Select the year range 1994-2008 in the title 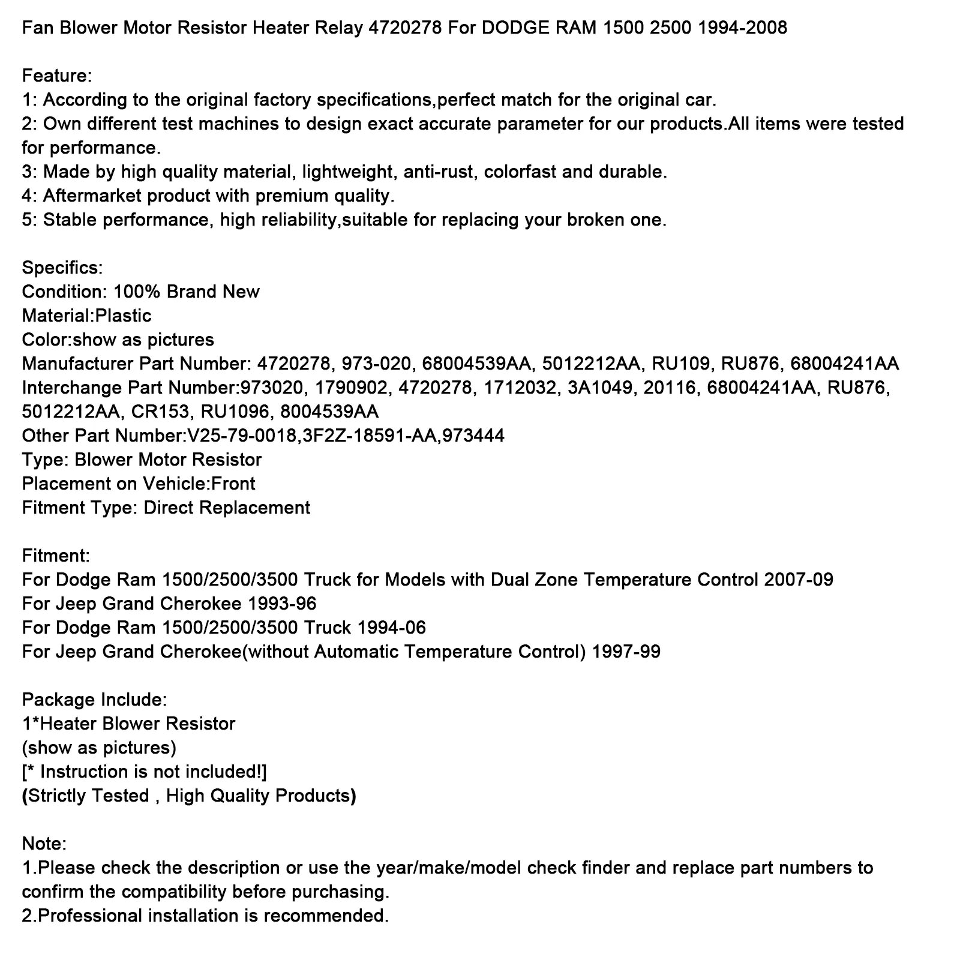(x=742, y=28)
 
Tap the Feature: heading (x=57, y=76)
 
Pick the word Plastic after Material (x=123, y=316)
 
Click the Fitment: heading (x=56, y=556)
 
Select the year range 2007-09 (x=799, y=580)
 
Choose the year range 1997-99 (x=626, y=652)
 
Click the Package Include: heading (x=94, y=700)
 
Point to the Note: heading (x=44, y=844)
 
